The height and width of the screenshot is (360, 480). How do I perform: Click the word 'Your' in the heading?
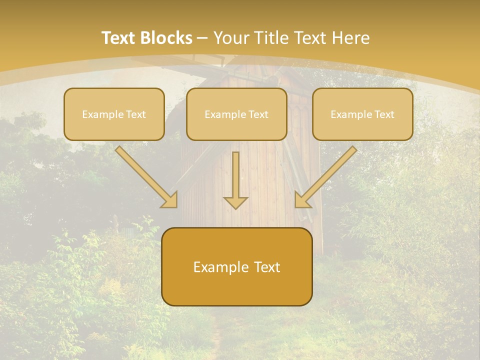pyautogui.click(x=232, y=38)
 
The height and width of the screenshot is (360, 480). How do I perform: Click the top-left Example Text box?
pyautogui.click(x=114, y=114)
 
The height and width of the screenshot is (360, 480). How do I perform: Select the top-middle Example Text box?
pyautogui.click(x=236, y=114)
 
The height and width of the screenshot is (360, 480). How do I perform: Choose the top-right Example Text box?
pyautogui.click(x=362, y=114)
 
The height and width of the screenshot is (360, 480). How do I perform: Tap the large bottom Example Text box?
pyautogui.click(x=236, y=266)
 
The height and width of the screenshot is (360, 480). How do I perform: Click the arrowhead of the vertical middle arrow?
pyautogui.click(x=235, y=202)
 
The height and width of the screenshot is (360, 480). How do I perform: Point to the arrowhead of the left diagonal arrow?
pyautogui.click(x=170, y=199)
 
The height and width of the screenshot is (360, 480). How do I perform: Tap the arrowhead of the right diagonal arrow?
pyautogui.click(x=301, y=199)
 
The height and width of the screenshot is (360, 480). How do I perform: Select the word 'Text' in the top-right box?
pyautogui.click(x=384, y=114)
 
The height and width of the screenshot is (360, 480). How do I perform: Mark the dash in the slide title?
pyautogui.click(x=203, y=38)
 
